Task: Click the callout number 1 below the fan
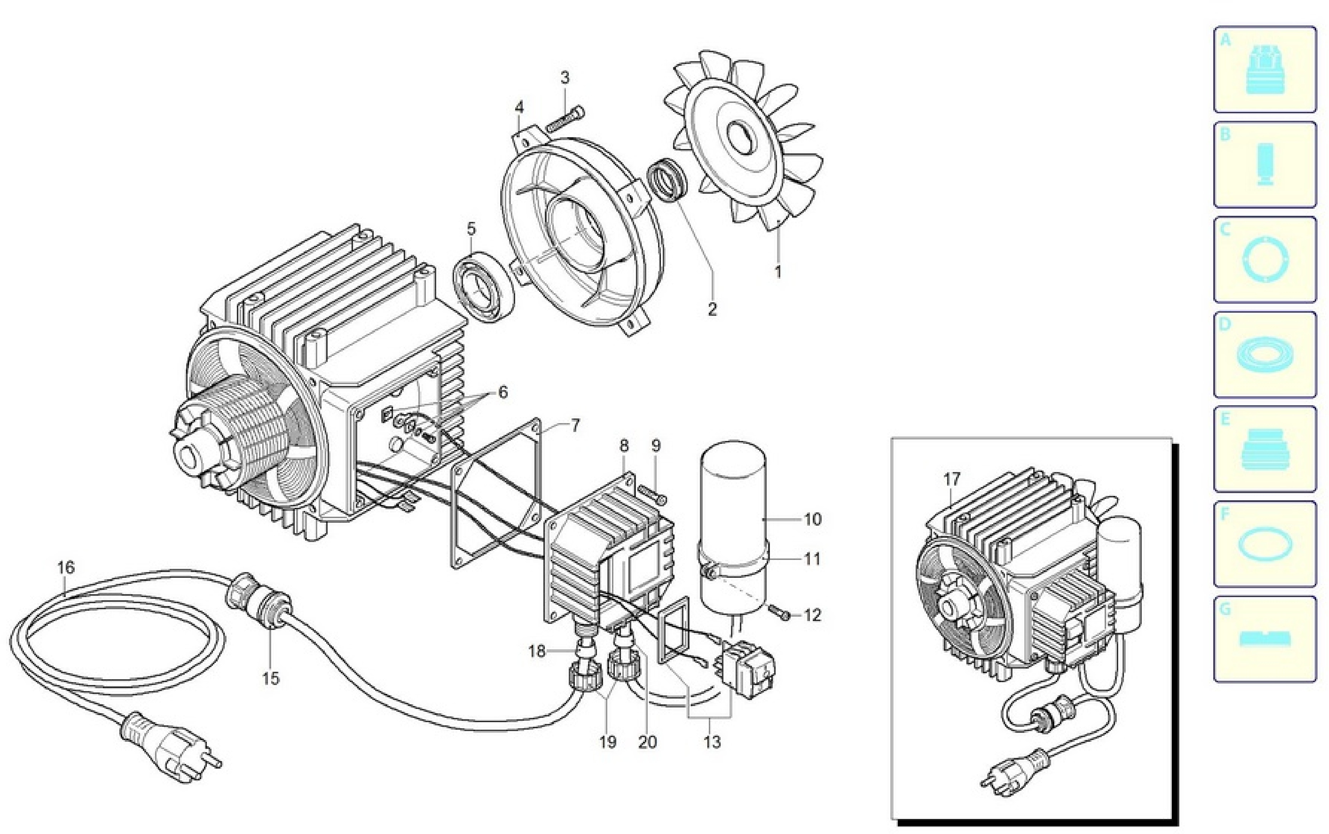[777, 272]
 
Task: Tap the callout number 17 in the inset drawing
[952, 479]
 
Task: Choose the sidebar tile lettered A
[1264, 69]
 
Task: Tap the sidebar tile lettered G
[1264, 639]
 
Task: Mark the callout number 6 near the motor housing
[502, 392]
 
